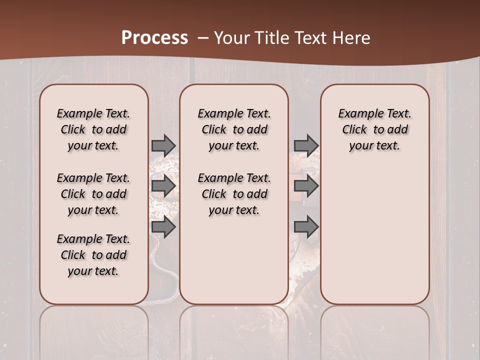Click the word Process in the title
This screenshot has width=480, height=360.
(x=154, y=37)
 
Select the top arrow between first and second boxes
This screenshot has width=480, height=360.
(x=163, y=145)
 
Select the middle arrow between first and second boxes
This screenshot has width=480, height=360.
(x=163, y=186)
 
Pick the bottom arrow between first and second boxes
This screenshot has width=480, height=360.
(x=163, y=227)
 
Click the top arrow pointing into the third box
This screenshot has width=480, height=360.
(x=306, y=145)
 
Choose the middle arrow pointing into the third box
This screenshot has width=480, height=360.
(x=306, y=186)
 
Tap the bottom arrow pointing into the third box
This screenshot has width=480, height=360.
(x=306, y=227)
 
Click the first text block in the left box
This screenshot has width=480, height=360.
(x=93, y=129)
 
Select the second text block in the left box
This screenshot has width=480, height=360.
(x=93, y=194)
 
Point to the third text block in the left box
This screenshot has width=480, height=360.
(x=93, y=255)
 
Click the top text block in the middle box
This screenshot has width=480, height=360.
(x=234, y=129)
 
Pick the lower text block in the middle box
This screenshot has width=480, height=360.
(x=234, y=194)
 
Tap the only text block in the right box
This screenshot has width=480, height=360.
(x=375, y=129)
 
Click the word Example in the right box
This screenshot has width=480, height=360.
(x=356, y=113)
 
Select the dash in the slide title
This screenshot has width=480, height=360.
(x=202, y=38)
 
